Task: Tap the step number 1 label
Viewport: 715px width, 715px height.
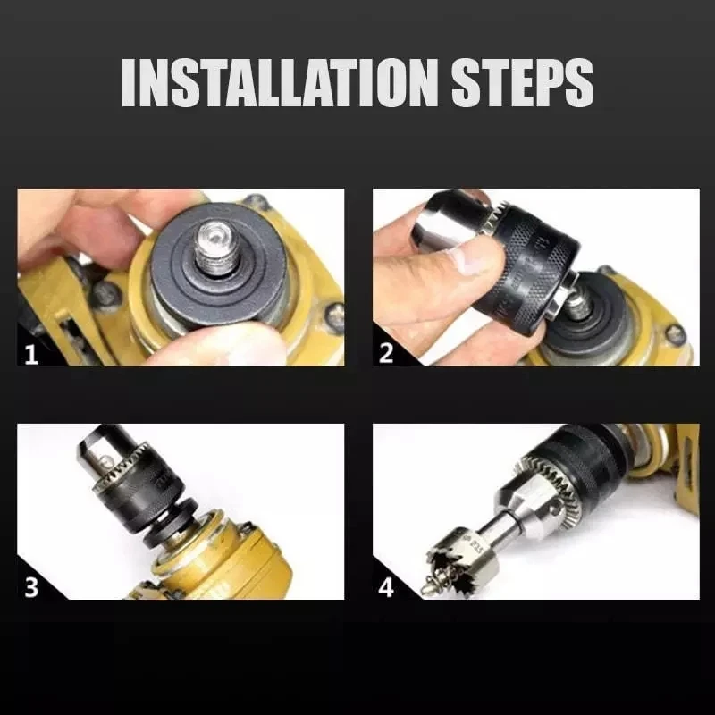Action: coord(31,354)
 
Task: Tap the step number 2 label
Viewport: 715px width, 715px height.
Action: coord(386,352)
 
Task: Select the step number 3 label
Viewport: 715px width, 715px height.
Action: coord(31,588)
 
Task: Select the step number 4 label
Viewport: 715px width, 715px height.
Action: coord(387,588)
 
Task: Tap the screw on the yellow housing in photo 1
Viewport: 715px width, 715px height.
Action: coord(334,313)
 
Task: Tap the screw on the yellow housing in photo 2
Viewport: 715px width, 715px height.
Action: coord(675,334)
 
